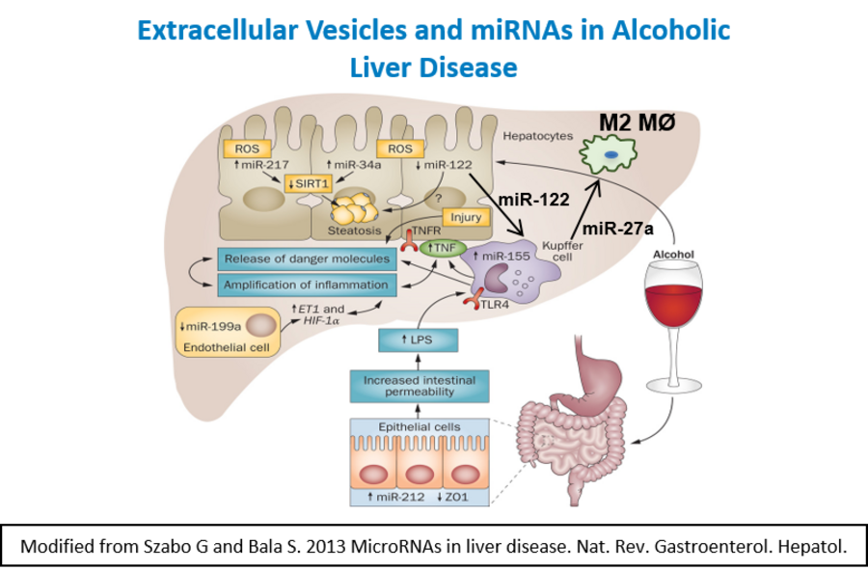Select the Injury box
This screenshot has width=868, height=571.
(466, 218)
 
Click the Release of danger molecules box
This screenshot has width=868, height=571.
(306, 259)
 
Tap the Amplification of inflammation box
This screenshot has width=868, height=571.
(306, 285)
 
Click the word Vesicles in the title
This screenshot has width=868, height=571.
(351, 30)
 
